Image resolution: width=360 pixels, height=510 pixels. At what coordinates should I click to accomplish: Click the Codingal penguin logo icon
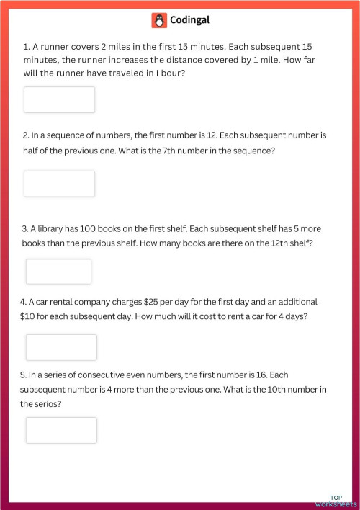click(x=159, y=21)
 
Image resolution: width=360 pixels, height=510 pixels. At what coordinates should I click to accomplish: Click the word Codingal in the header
click(x=189, y=21)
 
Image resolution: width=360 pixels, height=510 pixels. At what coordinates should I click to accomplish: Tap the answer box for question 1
click(x=59, y=99)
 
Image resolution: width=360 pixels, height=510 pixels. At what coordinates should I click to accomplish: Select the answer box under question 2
click(x=59, y=184)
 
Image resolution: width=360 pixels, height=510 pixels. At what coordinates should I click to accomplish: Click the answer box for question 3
click(x=58, y=271)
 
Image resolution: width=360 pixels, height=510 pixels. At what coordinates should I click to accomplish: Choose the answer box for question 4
click(x=61, y=347)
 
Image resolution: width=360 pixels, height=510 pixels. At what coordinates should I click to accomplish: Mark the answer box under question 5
click(x=61, y=430)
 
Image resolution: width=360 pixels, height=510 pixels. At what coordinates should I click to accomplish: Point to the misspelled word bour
click(x=171, y=73)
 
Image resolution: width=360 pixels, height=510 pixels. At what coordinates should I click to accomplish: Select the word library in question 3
click(x=55, y=228)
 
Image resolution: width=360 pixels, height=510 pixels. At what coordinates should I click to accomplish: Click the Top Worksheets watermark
click(x=336, y=501)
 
